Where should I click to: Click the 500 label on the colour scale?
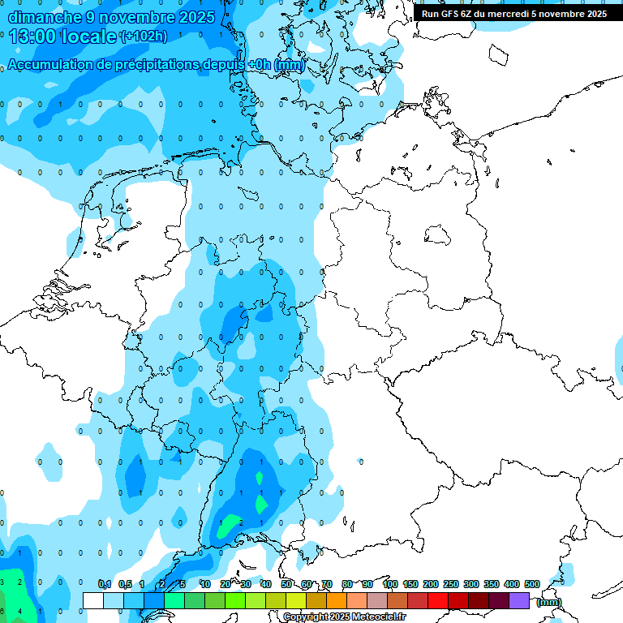tap(531, 584)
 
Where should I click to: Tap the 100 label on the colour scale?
tap(389, 584)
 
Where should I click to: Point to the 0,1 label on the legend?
tap(105, 584)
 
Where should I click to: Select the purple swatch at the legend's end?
tap(519, 600)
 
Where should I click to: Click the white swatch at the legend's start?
tap(93, 600)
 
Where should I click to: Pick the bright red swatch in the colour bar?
tap(438, 600)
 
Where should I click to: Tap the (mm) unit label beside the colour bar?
tap(549, 601)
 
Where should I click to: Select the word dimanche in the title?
tap(45, 17)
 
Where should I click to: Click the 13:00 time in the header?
tap(32, 37)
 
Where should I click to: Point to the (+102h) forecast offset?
tap(143, 37)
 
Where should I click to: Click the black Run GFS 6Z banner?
tap(514, 14)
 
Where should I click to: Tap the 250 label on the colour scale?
tap(450, 584)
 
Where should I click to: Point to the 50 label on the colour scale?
tap(286, 584)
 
